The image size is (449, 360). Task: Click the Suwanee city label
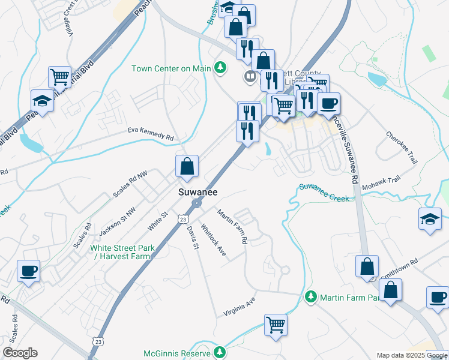point(197,192)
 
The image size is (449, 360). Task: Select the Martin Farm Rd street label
point(232,226)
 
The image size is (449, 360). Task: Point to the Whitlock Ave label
point(213,241)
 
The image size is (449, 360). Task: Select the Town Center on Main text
point(172,68)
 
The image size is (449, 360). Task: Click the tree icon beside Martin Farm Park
point(310,296)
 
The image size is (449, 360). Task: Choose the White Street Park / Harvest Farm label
point(122,252)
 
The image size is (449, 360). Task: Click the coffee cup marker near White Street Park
point(28,271)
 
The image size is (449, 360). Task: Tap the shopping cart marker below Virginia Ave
point(276,325)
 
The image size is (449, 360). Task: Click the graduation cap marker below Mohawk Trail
point(430,219)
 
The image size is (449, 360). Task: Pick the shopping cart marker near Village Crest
point(59,76)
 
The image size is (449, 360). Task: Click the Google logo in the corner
point(20,353)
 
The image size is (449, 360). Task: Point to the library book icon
point(250,76)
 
